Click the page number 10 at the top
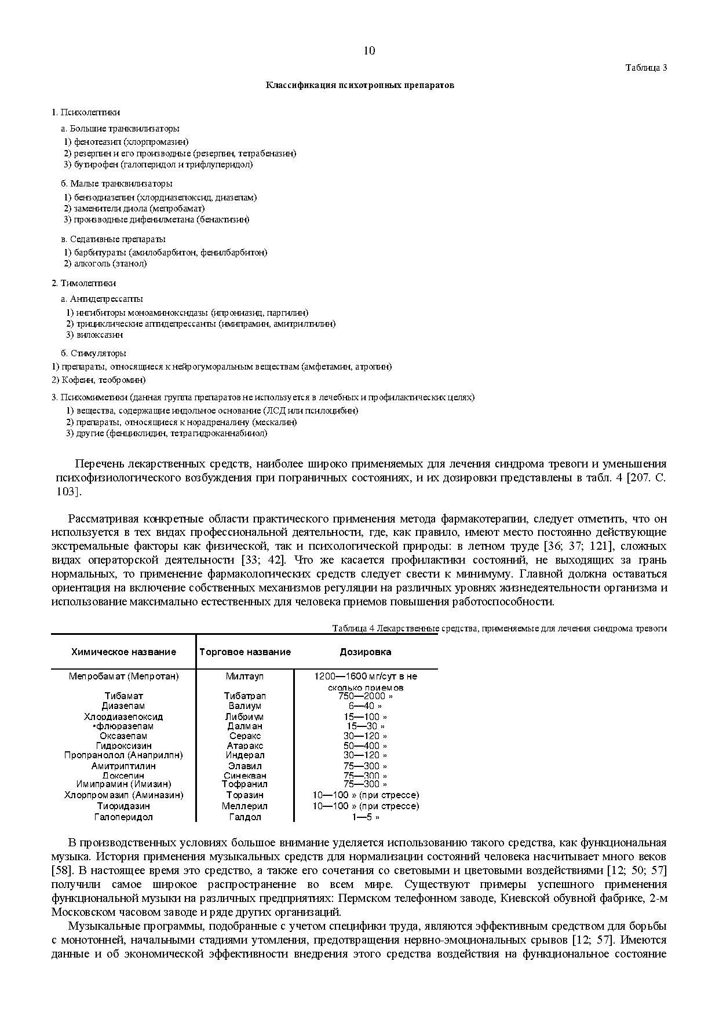point(369,50)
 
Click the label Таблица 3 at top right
point(646,68)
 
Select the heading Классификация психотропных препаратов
point(360,85)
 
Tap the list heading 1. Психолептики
point(86,112)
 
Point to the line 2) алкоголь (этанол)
point(105,264)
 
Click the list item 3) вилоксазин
point(94,335)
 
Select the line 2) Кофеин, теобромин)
point(98,380)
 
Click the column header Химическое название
point(123,652)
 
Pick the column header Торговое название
point(245,652)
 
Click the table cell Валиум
point(245,706)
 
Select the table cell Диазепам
point(123,706)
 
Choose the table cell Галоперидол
point(123,817)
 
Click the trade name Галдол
point(245,817)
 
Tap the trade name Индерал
point(245,755)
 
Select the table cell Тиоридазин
point(123,806)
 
